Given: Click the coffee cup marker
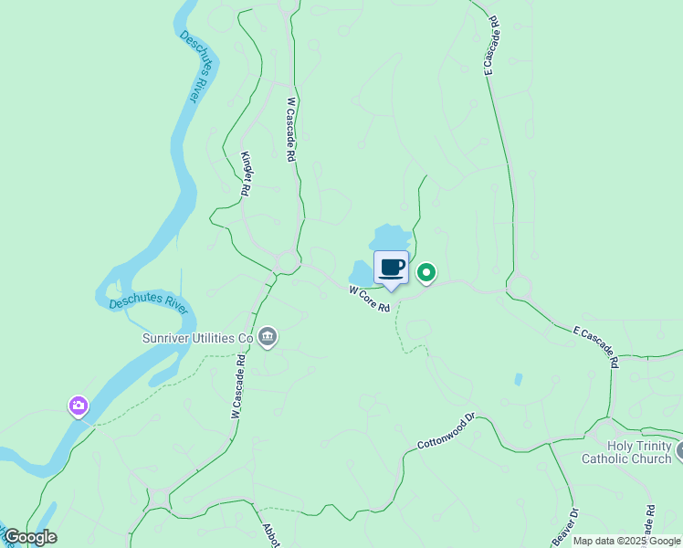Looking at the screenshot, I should point(391,269).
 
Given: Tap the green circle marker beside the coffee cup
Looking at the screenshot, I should point(426,272).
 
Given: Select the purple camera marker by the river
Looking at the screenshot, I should point(79,405).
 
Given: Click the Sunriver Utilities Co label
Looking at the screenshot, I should point(196,338).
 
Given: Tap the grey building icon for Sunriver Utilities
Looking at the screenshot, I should point(268,338).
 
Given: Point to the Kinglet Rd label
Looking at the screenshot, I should point(246,174).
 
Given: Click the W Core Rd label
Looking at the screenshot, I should point(370,299).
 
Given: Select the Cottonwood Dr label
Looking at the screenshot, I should point(447,431).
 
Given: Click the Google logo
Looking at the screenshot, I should point(29,537).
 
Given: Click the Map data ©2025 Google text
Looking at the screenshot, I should point(626,541).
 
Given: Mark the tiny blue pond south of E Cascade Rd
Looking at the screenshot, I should point(518,379).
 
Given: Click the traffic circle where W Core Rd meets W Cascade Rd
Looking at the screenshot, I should point(288,262).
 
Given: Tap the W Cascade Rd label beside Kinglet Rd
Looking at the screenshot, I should point(291,130).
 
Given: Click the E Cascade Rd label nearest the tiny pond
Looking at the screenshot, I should point(595,345).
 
